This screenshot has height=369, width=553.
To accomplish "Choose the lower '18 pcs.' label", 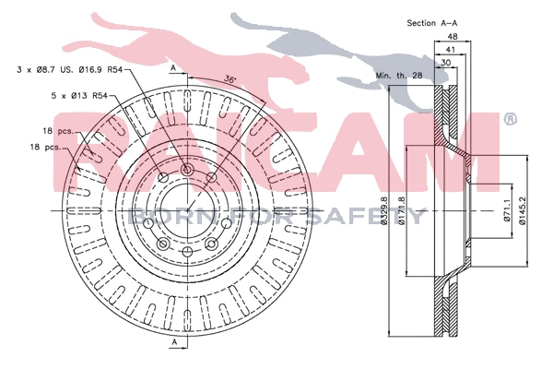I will (46, 148).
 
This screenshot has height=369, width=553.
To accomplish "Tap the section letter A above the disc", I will (172, 68).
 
